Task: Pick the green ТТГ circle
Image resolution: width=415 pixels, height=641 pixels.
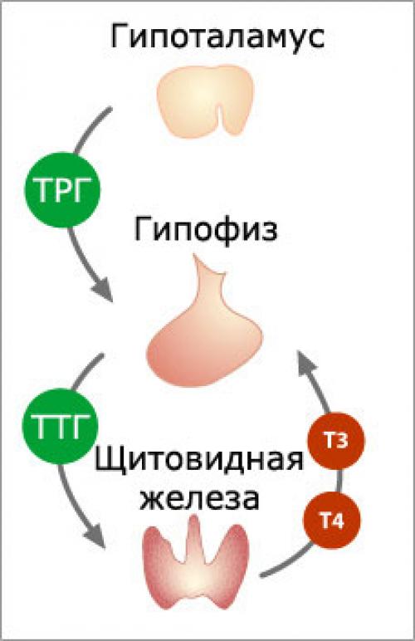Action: (58, 427)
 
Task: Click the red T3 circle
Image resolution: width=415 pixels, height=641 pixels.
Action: (335, 442)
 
